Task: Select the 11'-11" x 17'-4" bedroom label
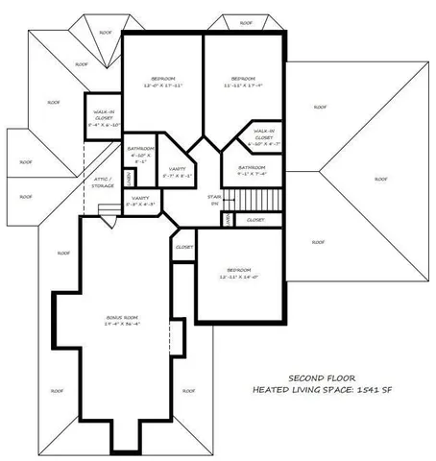pyautogui.click(x=244, y=82)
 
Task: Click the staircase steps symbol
pyautogui.click(x=262, y=199)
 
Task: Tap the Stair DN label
pyautogui.click(x=214, y=200)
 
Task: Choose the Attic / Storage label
pyautogui.click(x=104, y=182)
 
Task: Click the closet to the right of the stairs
pyautogui.click(x=254, y=220)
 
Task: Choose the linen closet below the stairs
pyautogui.click(x=228, y=220)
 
